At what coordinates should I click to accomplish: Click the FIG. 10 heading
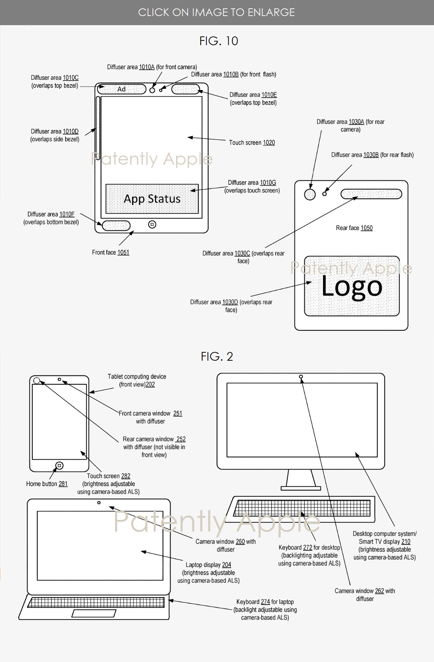(x=218, y=41)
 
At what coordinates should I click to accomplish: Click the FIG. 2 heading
(x=217, y=356)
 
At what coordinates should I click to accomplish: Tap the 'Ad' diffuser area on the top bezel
(x=121, y=89)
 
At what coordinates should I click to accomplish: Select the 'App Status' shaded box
(x=152, y=199)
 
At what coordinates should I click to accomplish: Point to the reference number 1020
(x=269, y=142)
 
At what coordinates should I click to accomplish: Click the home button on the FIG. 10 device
(x=152, y=225)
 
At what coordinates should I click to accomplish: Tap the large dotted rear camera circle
(x=310, y=194)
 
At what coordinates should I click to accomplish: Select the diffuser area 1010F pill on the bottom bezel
(x=116, y=226)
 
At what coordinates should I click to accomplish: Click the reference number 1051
(x=123, y=252)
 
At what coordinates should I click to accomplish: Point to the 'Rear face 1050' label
(x=354, y=228)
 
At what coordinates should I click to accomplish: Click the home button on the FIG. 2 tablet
(x=60, y=466)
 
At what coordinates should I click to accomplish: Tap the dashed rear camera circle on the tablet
(x=37, y=381)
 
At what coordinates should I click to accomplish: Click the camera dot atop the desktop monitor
(x=301, y=377)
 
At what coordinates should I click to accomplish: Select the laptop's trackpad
(x=94, y=613)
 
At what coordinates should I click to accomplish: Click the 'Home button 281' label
(x=47, y=484)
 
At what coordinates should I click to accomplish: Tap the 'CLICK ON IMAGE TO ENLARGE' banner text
(x=217, y=12)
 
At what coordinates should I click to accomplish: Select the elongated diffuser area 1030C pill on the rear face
(x=371, y=194)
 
